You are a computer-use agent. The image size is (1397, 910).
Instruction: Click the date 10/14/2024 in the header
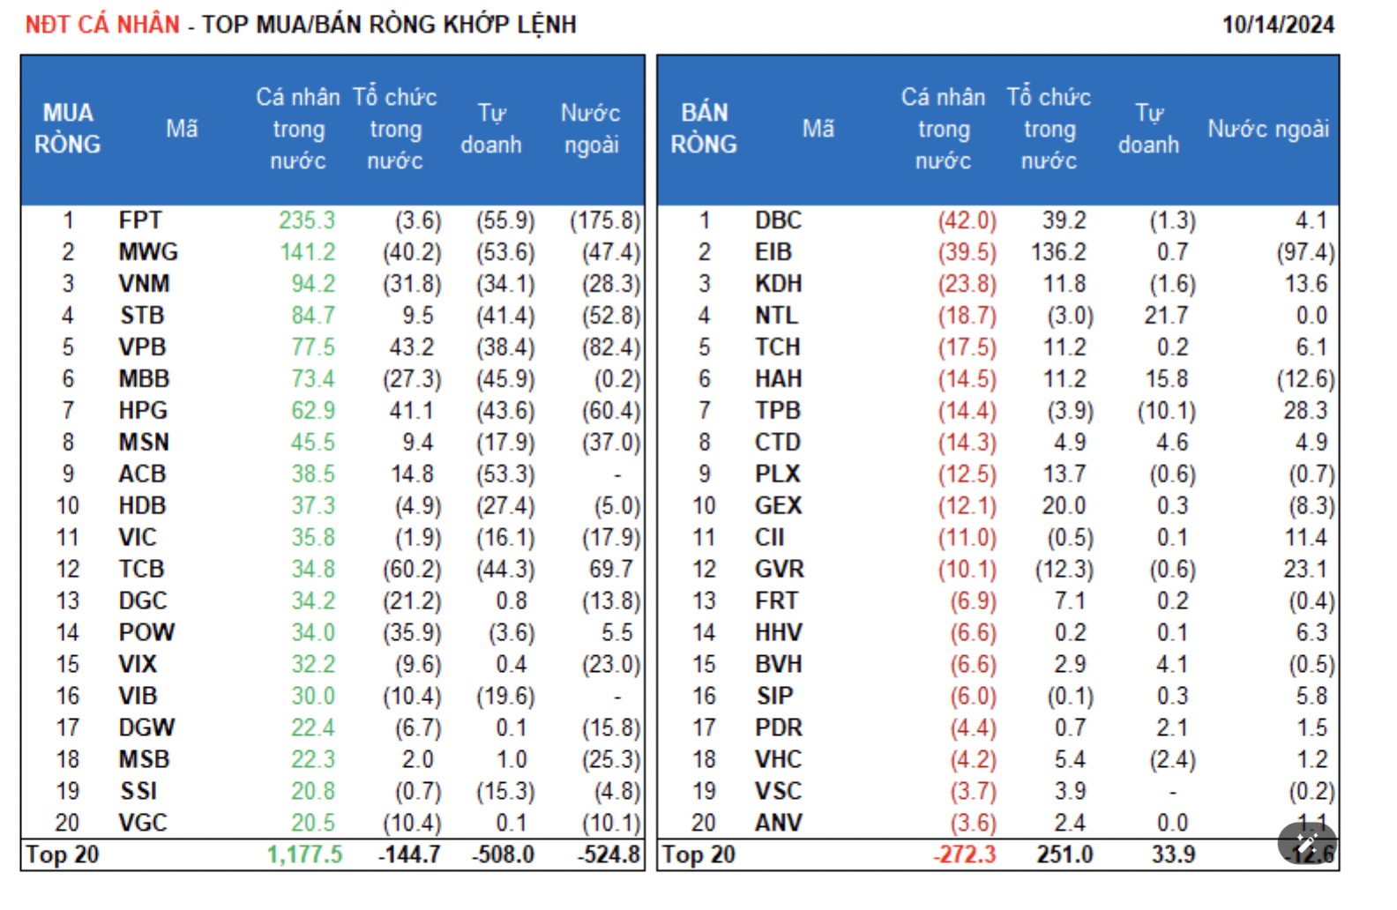[1277, 25]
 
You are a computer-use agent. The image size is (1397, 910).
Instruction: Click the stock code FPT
[140, 220]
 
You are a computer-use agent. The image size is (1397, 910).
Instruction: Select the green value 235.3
[307, 220]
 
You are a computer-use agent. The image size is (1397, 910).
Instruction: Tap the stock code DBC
[778, 220]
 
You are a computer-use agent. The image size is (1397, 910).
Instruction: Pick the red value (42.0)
[967, 220]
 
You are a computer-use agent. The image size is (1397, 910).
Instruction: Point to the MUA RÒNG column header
[68, 129]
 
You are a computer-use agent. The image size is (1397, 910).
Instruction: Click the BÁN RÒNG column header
[704, 129]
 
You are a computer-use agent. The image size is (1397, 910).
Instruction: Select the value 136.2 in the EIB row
[1058, 252]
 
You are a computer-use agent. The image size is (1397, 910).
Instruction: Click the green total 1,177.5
[304, 854]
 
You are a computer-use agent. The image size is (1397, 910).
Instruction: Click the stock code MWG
[148, 252]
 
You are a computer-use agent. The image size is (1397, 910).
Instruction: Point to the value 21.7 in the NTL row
[1166, 316]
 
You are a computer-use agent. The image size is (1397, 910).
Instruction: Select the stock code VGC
[143, 824]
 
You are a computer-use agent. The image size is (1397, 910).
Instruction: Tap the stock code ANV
[778, 824]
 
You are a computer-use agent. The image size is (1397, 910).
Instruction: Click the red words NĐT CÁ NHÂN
[102, 25]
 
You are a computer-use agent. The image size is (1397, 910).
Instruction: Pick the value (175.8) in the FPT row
[605, 220]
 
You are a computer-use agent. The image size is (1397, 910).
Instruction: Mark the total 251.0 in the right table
[1065, 854]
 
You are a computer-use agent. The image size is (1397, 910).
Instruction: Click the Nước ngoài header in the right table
[1267, 130]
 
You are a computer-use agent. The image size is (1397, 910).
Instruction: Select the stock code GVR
[779, 570]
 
